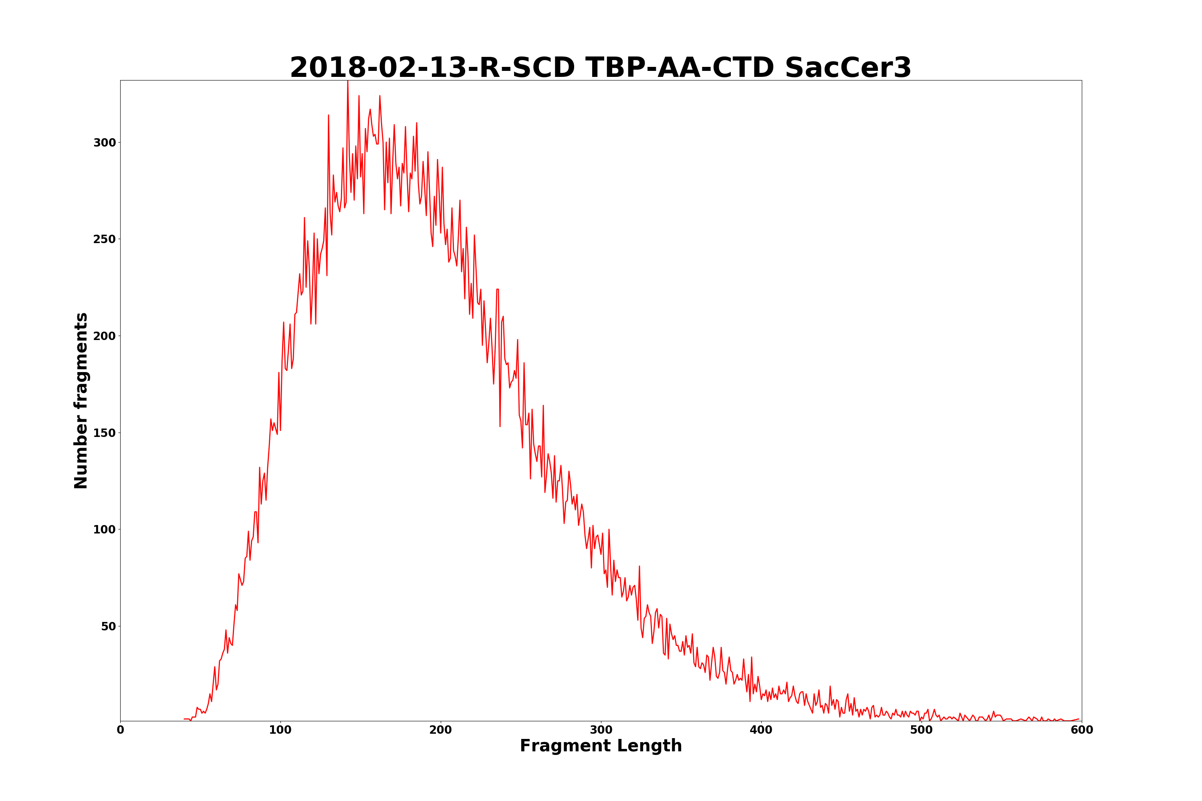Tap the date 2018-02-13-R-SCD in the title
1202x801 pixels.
tap(432, 68)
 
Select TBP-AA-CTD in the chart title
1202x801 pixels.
tap(680, 68)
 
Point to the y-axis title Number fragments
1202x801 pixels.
tap(81, 400)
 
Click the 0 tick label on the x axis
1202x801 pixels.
tap(120, 731)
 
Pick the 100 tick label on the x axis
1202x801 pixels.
tap(280, 731)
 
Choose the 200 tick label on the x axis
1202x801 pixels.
tap(440, 731)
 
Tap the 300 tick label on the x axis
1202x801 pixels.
tap(601, 731)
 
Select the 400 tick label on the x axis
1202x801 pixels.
tap(761, 731)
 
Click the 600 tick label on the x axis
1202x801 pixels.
tap(1081, 731)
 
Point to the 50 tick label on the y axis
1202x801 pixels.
tap(108, 626)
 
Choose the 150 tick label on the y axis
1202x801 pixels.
tap(104, 433)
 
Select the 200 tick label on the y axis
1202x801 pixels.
tap(104, 336)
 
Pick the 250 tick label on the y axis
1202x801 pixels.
tap(104, 239)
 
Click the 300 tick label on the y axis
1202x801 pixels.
tap(104, 143)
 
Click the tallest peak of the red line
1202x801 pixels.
tap(347, 82)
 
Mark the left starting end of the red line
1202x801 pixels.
tap(184, 719)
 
